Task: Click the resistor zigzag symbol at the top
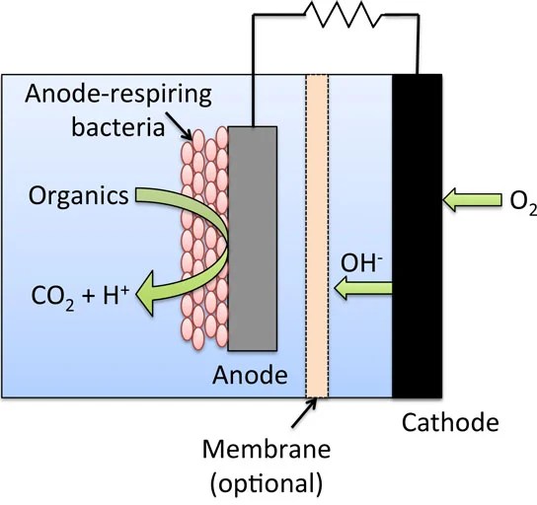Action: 336,16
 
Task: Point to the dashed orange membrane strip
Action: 317,237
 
